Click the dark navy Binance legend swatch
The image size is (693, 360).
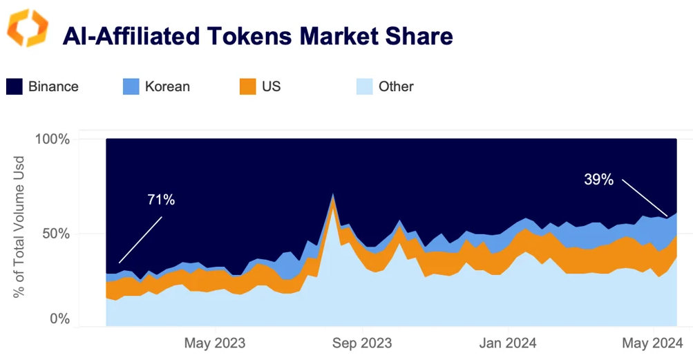(15, 86)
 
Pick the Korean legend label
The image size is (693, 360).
(167, 87)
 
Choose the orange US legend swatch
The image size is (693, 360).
(247, 86)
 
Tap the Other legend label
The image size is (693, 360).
(396, 87)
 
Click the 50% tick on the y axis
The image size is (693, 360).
(55, 233)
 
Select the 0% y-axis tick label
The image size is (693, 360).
(59, 319)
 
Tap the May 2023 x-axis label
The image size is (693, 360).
(215, 343)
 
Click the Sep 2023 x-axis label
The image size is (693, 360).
(361, 343)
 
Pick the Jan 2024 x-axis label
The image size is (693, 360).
(508, 343)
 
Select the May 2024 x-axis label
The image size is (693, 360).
(654, 343)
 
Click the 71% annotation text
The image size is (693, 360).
(161, 200)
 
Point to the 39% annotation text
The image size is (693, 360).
(598, 180)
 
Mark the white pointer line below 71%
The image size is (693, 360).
(140, 240)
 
